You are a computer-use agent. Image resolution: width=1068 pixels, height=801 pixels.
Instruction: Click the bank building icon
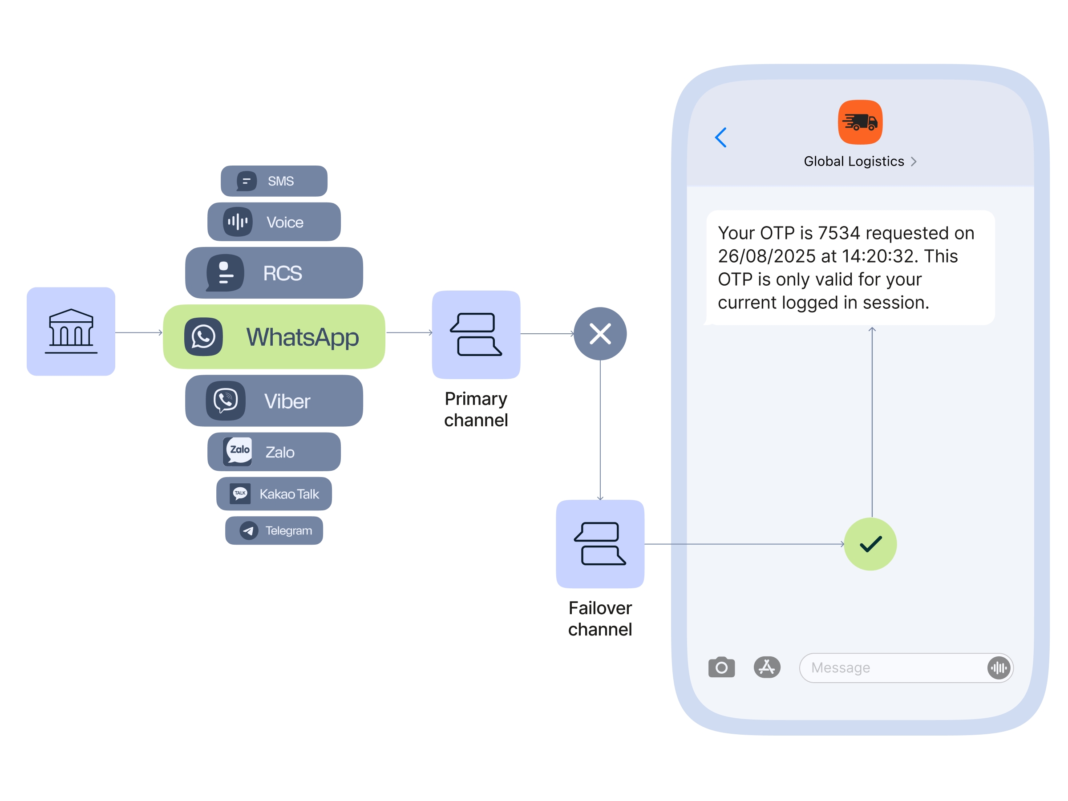(71, 331)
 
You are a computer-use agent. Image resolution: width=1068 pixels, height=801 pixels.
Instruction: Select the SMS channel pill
(274, 181)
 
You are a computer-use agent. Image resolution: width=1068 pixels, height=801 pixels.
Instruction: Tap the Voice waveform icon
(238, 222)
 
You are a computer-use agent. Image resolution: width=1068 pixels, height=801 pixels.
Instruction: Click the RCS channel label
(283, 273)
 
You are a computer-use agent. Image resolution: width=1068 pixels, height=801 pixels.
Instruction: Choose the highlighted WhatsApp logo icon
(203, 336)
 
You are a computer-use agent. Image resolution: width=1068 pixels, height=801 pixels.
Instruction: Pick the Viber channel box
(274, 401)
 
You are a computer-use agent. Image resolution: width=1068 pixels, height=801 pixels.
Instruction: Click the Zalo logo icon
(239, 451)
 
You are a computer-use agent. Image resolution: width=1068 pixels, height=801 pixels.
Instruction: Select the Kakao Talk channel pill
(274, 494)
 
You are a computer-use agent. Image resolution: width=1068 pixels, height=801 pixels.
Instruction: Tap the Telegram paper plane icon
(249, 530)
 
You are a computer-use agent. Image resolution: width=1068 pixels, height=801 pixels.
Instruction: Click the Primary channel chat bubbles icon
(476, 334)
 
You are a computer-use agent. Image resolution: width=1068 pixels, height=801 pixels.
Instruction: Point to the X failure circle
(600, 334)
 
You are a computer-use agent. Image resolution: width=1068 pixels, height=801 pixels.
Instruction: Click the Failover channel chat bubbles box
(600, 544)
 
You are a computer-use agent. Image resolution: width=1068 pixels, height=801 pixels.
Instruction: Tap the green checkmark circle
(870, 544)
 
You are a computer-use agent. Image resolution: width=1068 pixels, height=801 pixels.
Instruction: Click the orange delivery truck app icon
(860, 122)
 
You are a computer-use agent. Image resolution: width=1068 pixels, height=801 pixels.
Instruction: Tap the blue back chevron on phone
(721, 138)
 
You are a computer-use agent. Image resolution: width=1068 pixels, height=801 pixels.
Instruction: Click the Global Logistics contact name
(854, 161)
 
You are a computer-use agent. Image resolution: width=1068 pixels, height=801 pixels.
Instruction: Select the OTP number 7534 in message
(839, 233)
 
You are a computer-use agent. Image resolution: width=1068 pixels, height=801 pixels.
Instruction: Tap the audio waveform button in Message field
(998, 668)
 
